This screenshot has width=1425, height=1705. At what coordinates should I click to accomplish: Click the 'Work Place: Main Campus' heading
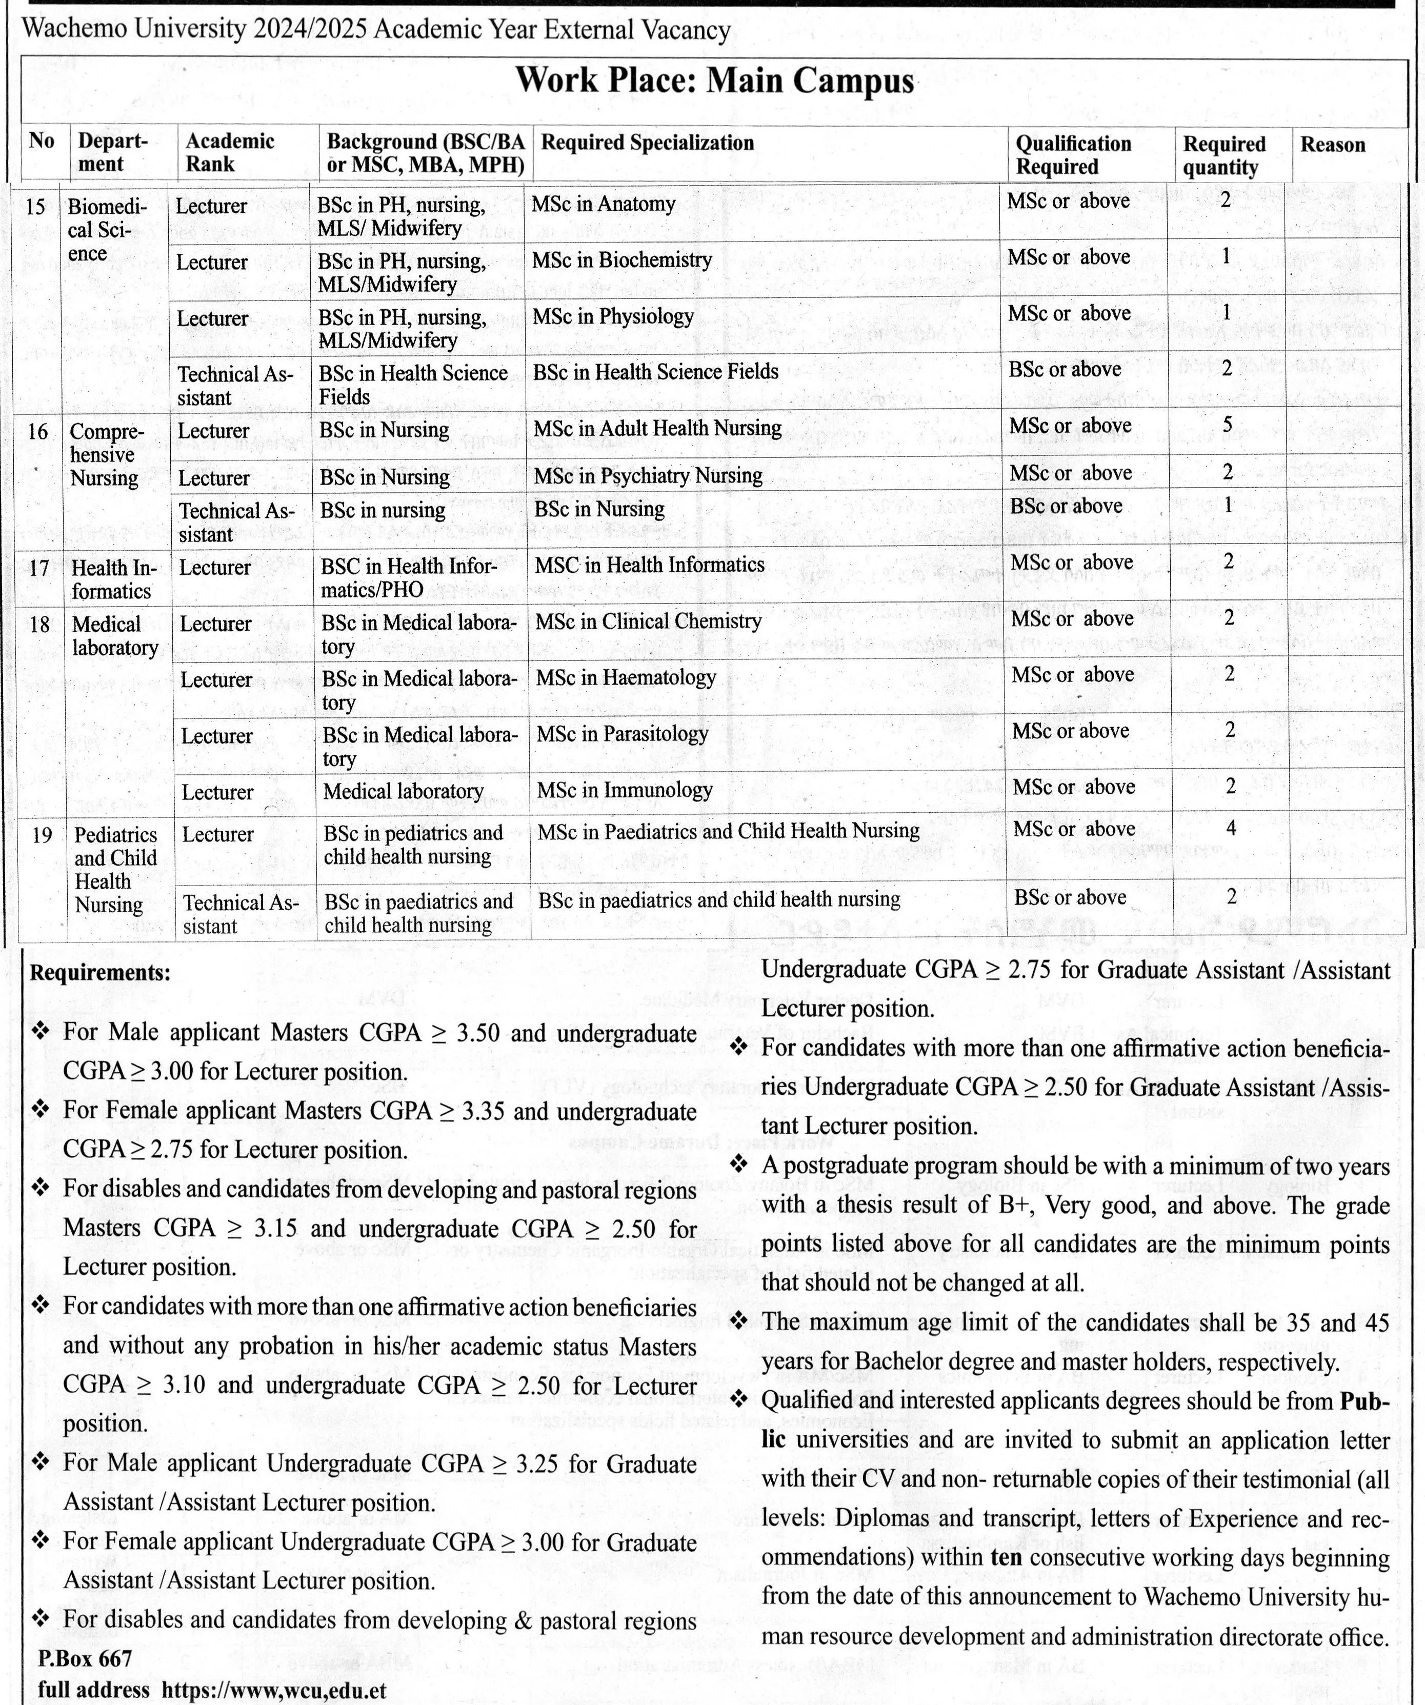click(x=714, y=81)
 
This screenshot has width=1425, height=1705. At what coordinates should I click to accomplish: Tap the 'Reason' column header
click(x=1332, y=145)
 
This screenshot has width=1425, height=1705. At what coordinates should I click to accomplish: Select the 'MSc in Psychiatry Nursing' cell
click(x=648, y=476)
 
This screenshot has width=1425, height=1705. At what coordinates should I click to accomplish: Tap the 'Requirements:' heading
click(x=101, y=973)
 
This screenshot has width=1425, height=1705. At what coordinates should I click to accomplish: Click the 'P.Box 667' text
click(x=85, y=1658)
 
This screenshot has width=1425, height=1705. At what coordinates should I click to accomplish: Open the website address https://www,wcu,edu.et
click(x=274, y=1690)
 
